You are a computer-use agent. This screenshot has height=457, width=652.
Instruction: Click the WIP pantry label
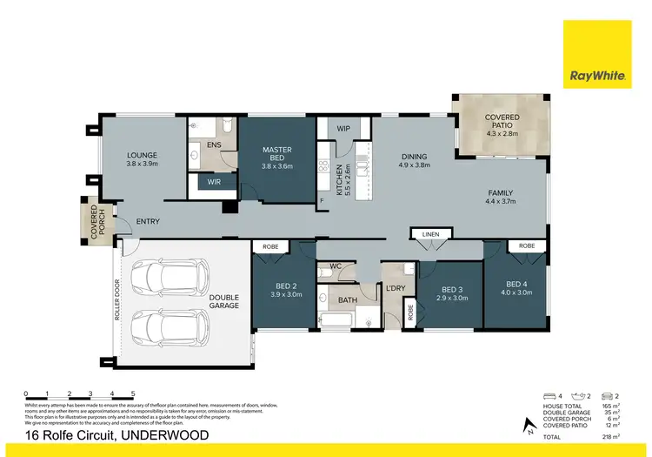pos(343,129)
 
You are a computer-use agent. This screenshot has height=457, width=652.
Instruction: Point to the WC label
pos(335,267)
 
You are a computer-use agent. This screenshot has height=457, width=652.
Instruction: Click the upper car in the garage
pos(166,277)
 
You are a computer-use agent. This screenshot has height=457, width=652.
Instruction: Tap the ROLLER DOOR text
pos(116,301)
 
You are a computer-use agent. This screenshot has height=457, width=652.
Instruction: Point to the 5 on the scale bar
pos(132,394)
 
